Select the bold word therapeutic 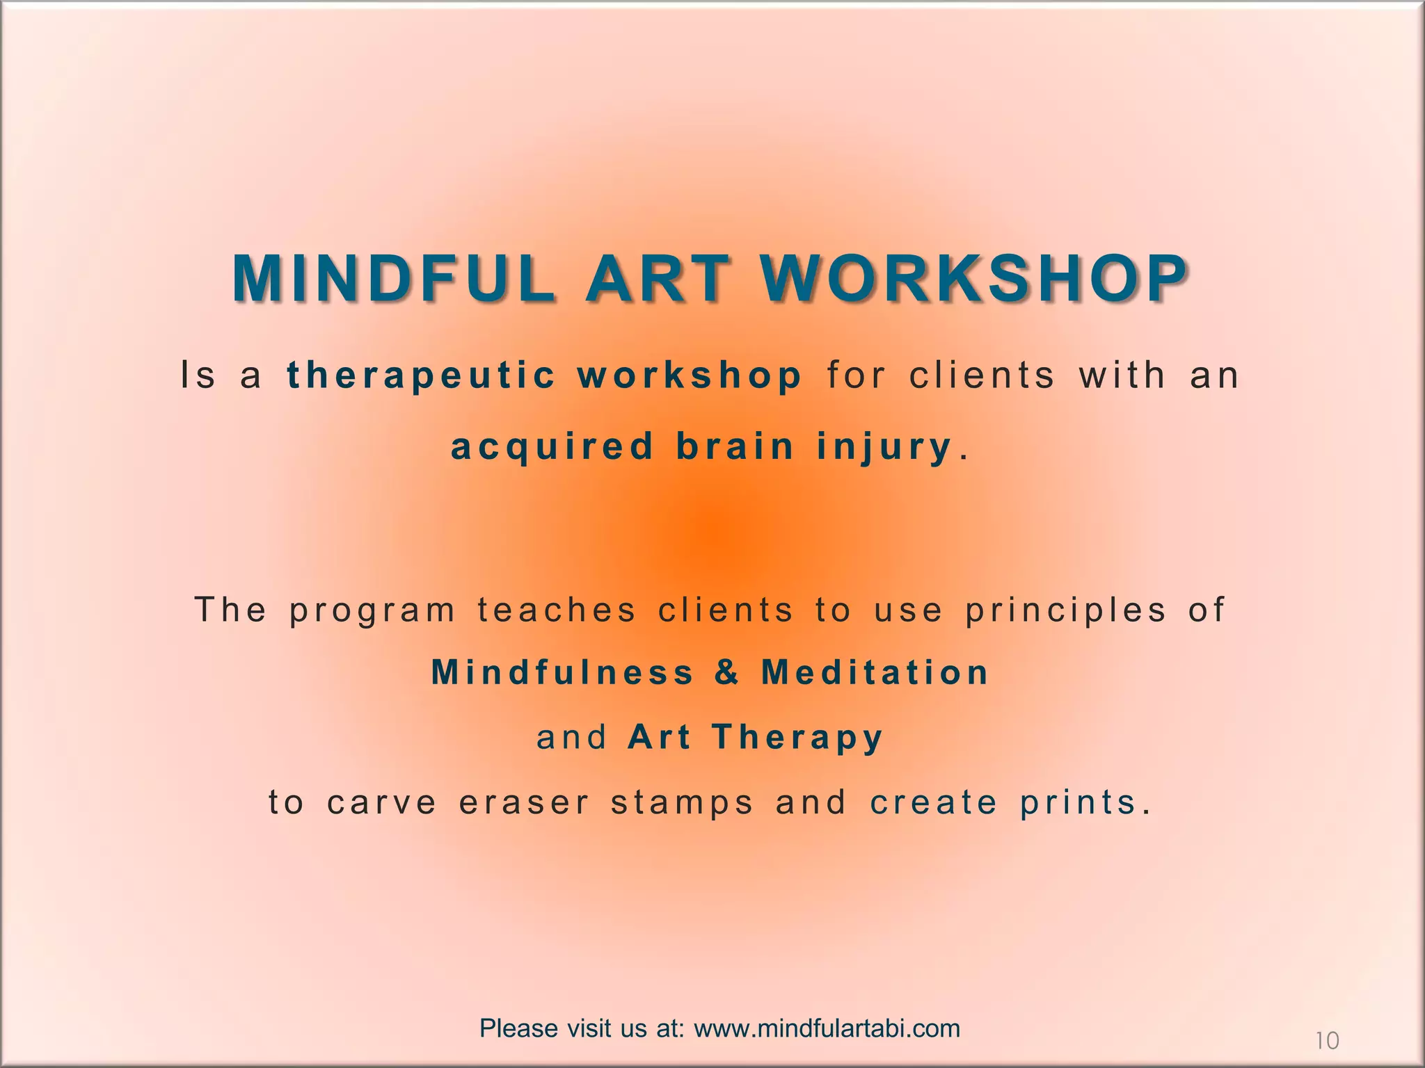(421, 375)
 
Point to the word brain (735, 447)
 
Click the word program (372, 611)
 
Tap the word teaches (557, 610)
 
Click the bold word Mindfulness (563, 672)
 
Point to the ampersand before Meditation (726, 672)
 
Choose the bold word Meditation (875, 672)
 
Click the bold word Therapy (797, 737)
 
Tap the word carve (382, 802)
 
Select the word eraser (525, 802)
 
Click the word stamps (683, 803)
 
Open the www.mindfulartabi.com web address (827, 1028)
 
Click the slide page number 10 (1327, 1041)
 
